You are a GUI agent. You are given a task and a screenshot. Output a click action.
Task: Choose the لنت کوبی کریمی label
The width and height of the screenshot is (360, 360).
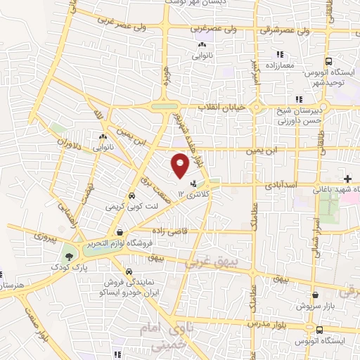[x=124, y=207]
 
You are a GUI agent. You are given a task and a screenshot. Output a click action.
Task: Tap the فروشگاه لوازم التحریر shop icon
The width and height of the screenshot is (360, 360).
[x=120, y=231]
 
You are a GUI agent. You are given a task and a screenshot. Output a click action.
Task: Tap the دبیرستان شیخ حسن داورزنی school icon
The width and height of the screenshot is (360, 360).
[x=299, y=99]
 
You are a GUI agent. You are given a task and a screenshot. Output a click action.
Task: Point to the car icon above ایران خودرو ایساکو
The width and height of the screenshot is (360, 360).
[x=129, y=271]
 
